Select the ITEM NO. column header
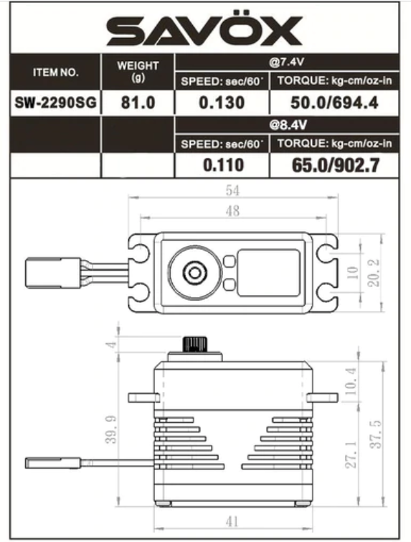56,73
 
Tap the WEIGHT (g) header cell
138,72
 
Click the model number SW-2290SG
56,103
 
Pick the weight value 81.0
138,103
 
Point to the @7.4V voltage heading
287,62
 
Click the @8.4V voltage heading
288,125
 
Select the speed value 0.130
222,103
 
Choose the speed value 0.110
223,165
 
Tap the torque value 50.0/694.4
334,103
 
